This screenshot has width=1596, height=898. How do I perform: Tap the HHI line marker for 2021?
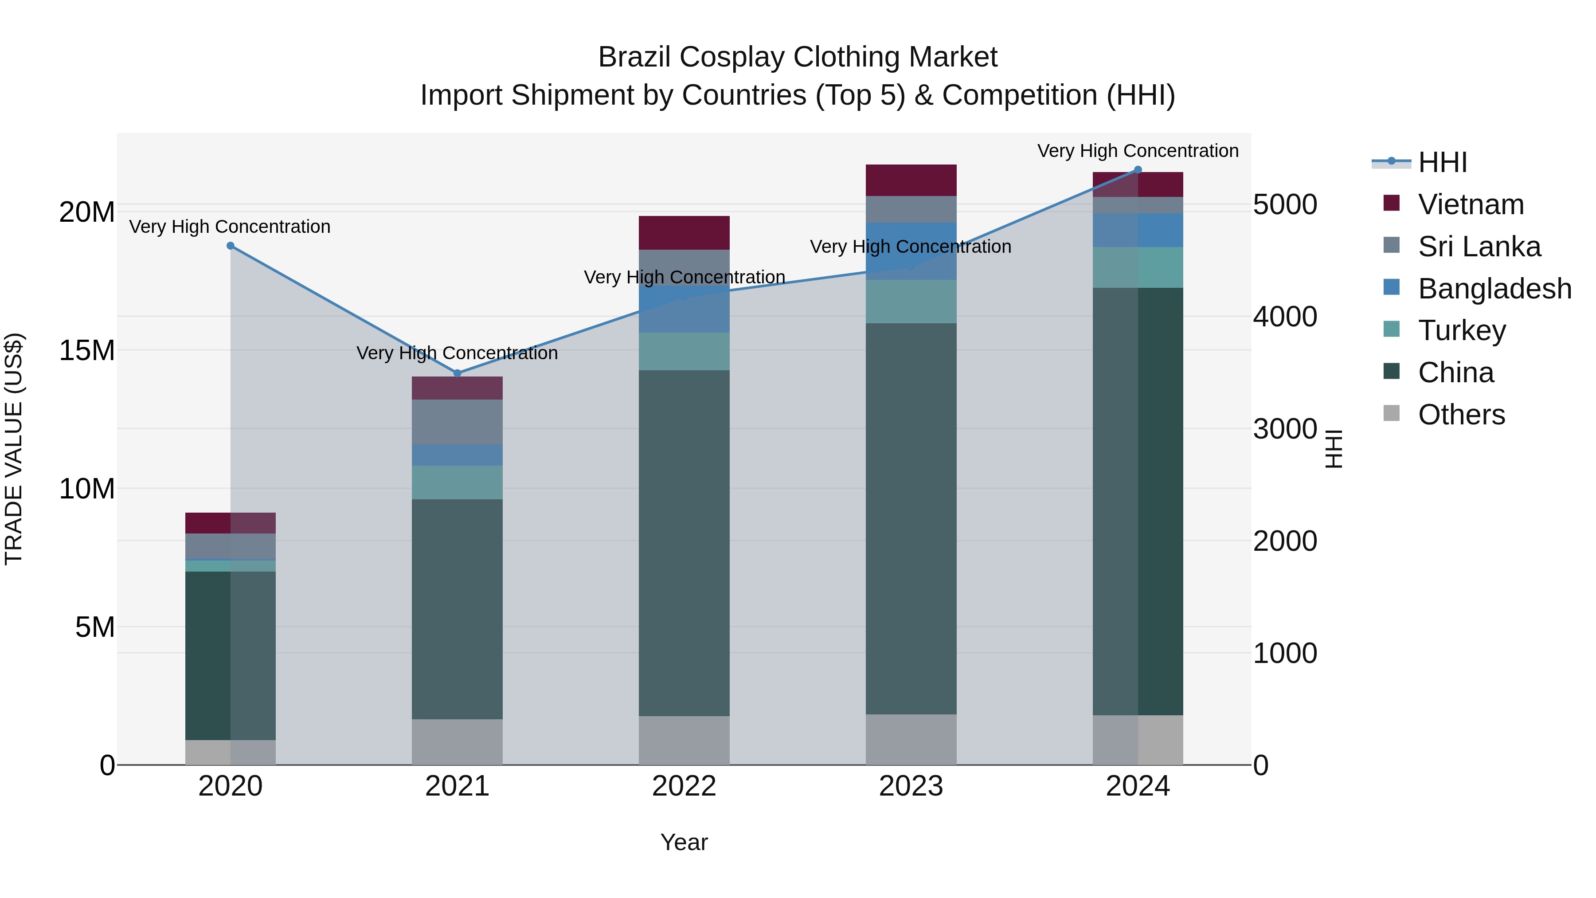(457, 373)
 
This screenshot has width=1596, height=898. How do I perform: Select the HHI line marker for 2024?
(1138, 170)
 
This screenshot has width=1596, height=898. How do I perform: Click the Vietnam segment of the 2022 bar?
(684, 232)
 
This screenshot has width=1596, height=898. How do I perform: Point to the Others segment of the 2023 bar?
(911, 739)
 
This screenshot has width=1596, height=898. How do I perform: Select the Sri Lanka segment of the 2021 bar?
(457, 421)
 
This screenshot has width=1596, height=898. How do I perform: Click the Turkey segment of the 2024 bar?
(1138, 267)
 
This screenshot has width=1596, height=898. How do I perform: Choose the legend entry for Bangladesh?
(1494, 289)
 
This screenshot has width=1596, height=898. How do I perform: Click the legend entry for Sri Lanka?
(1478, 247)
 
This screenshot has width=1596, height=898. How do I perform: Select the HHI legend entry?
(1442, 162)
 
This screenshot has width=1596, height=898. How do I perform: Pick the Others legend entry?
(1460, 415)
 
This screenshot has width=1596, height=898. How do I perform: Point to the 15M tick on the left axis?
(87, 351)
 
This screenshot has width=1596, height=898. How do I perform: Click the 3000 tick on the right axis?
(1284, 429)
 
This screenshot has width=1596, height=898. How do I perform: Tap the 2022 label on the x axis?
(684, 786)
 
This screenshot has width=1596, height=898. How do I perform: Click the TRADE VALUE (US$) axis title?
(14, 449)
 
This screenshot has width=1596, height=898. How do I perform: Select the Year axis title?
(684, 842)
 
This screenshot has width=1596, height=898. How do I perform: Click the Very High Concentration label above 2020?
(230, 227)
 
